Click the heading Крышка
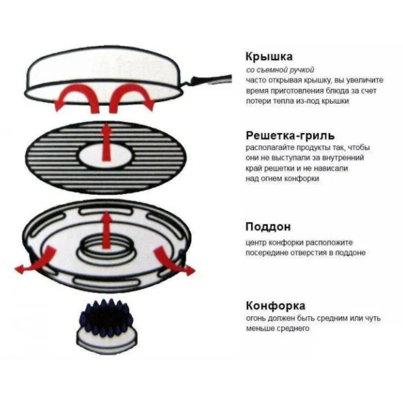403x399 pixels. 269,57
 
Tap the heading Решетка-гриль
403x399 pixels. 290,135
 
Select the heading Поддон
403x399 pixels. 268,227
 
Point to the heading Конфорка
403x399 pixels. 276,306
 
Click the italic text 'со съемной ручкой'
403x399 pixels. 280,70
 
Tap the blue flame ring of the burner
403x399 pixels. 107,317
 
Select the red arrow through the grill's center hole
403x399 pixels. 106,143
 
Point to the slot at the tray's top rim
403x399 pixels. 106,211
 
